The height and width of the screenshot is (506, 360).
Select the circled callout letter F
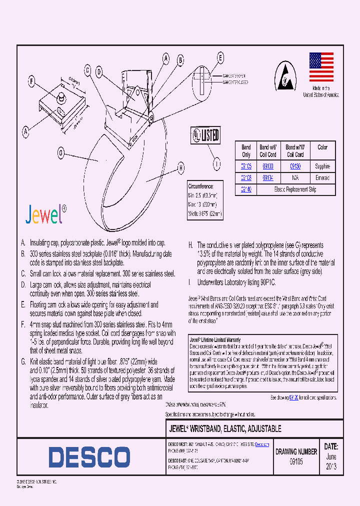(31, 81)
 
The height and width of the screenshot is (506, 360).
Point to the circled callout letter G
(60, 153)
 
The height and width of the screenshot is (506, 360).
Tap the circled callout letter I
(216, 163)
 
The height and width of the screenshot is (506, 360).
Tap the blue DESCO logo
(89, 457)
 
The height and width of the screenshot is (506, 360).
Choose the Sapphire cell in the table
(322, 166)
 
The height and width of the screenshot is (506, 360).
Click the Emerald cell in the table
(322, 178)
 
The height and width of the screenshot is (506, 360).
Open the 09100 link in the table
(268, 166)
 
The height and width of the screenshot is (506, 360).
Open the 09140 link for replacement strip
(246, 189)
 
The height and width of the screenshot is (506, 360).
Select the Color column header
(322, 147)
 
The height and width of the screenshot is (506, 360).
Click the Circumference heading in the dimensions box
(200, 185)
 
